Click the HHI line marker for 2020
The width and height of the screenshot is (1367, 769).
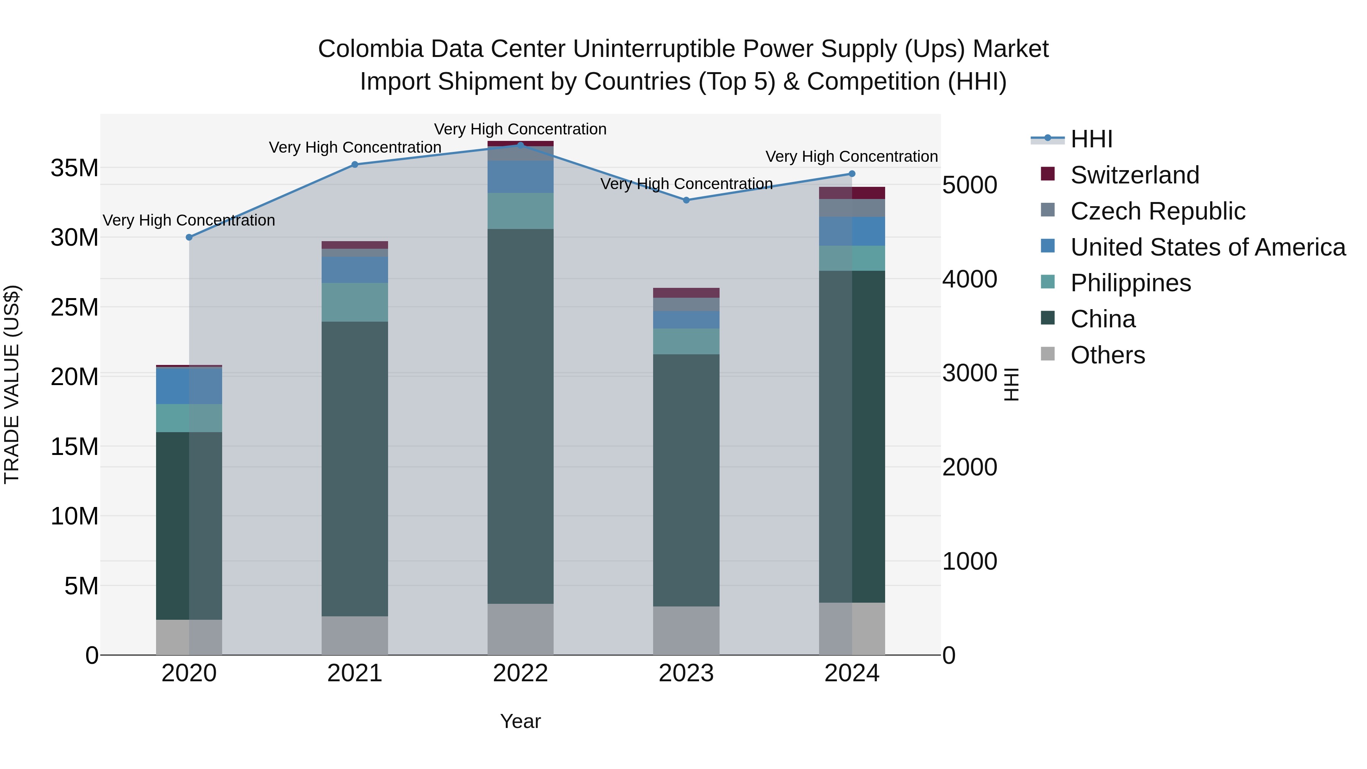pos(189,237)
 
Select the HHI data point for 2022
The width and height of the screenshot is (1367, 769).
pos(520,145)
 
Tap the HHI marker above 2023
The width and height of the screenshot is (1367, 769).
pos(686,200)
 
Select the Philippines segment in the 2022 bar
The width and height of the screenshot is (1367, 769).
pos(520,211)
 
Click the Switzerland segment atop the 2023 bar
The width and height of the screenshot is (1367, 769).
pos(686,293)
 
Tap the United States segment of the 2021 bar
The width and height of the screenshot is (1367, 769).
pos(355,270)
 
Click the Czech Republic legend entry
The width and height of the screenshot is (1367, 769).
pos(1157,211)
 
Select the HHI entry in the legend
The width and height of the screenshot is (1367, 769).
pos(1091,139)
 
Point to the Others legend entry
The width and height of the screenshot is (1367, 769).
pos(1108,355)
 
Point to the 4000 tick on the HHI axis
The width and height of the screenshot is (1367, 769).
pos(969,279)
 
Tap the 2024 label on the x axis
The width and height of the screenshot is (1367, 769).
pos(852,673)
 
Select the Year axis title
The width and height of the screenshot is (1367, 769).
pos(520,721)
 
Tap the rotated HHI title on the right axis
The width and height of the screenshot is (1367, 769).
pos(1012,384)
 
